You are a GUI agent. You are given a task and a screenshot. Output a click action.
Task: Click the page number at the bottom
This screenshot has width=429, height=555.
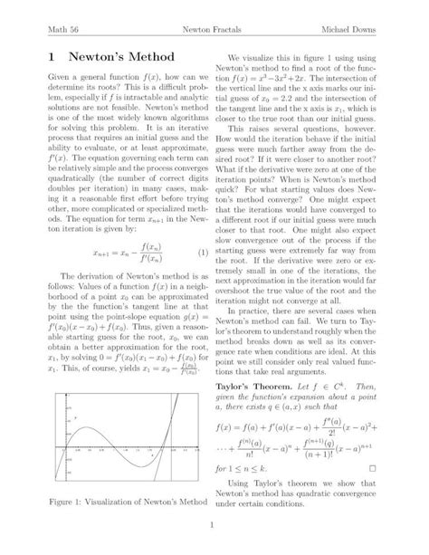point(214,525)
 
